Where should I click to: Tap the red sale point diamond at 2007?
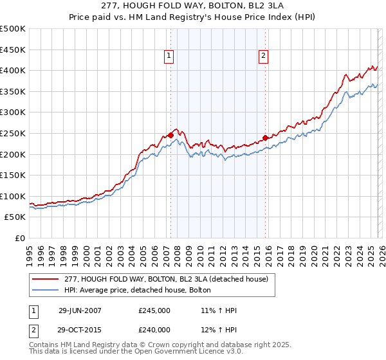pos(170,135)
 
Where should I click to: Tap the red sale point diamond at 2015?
pos(265,138)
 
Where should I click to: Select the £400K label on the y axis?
pos(13,71)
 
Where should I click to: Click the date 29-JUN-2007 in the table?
pos(80,310)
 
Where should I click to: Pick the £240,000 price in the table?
pos(154,329)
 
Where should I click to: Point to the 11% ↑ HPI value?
pos(219,310)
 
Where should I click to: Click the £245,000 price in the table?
pos(154,310)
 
